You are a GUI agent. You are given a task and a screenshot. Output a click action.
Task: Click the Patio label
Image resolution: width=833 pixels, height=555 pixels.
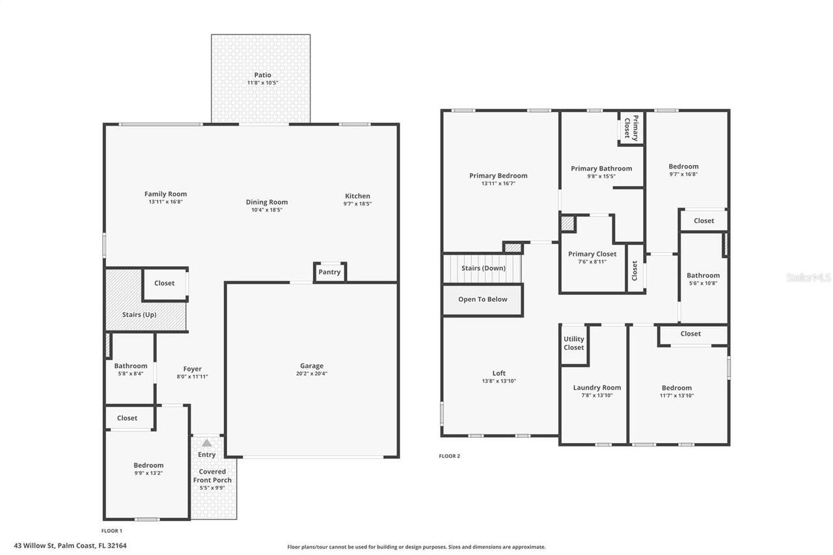(262, 75)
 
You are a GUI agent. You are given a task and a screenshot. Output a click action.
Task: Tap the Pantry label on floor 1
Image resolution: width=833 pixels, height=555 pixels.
(329, 272)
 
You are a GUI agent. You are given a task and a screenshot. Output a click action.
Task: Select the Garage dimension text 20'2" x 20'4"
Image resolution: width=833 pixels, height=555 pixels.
(312, 374)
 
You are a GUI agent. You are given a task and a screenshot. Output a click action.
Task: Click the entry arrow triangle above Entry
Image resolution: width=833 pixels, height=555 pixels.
(206, 443)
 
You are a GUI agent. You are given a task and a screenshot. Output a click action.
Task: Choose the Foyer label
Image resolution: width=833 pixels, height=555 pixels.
(192, 369)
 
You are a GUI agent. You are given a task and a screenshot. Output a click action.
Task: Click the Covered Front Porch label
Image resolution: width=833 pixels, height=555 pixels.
(212, 476)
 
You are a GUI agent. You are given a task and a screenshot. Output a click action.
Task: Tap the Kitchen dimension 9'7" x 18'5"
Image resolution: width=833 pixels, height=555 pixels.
(357, 204)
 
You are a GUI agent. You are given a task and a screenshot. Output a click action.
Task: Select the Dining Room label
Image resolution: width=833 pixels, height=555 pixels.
(267, 202)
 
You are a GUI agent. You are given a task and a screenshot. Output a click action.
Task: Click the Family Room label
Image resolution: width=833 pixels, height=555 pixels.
(165, 194)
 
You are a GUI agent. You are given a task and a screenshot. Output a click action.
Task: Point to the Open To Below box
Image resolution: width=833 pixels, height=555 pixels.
(482, 300)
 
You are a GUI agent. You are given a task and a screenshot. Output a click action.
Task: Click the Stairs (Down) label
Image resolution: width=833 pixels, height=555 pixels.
(483, 268)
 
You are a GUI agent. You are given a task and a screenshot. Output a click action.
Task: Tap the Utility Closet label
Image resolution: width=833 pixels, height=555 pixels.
(573, 343)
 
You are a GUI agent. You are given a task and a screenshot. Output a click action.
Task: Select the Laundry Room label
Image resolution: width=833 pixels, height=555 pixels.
(597, 388)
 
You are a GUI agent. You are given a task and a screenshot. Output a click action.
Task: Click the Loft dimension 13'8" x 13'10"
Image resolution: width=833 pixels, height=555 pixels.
(498, 381)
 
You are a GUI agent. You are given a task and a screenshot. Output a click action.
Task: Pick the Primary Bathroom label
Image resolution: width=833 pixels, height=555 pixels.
(601, 169)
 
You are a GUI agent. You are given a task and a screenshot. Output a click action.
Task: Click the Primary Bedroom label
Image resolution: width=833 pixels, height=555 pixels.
(498, 176)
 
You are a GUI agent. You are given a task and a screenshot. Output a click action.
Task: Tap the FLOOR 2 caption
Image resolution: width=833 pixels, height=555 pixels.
(449, 456)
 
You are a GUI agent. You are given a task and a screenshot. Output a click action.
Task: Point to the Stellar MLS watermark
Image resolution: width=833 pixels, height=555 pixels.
(808, 277)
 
